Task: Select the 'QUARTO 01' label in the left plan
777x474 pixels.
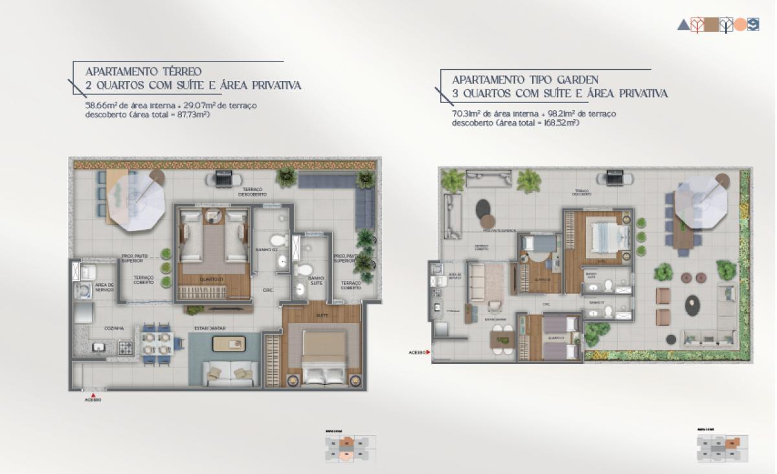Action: pos(212,279)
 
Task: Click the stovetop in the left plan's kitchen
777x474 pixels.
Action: pos(126,348)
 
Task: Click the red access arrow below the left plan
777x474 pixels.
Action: pos(93,394)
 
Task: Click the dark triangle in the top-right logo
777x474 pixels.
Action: pos(682,25)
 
